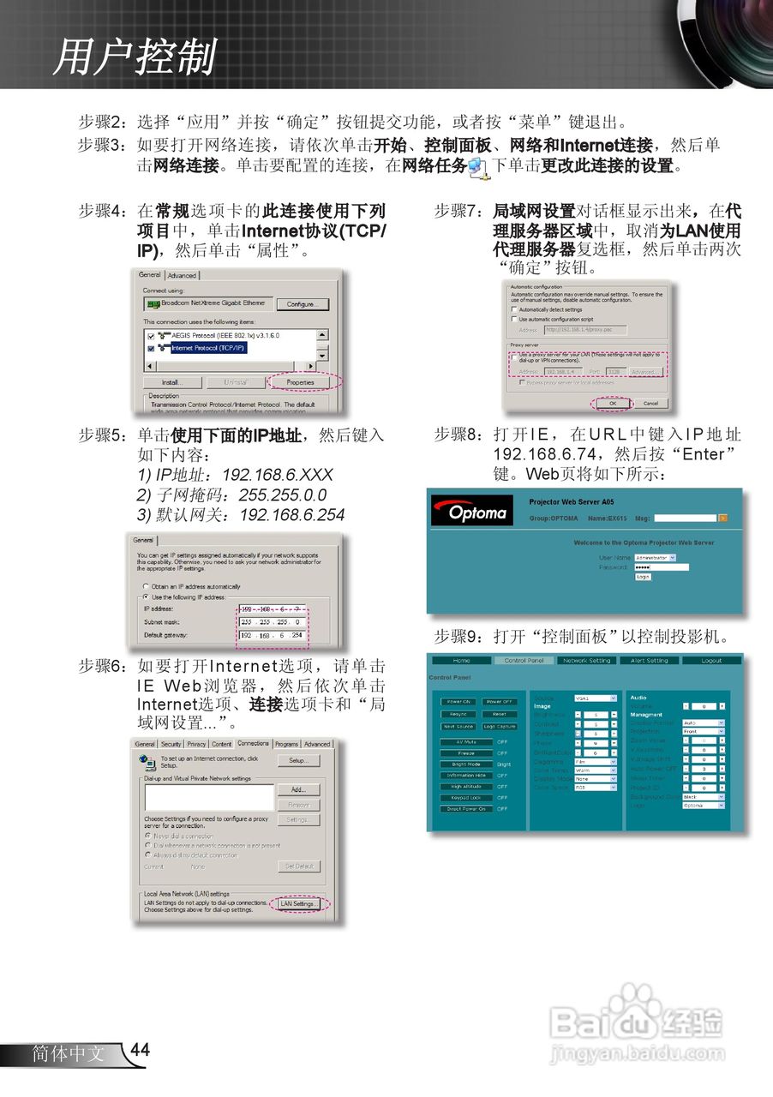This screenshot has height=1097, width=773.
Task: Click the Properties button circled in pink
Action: [301, 382]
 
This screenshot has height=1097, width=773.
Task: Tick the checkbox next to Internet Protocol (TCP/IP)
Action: [152, 349]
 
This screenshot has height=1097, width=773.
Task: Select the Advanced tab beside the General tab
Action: [182, 275]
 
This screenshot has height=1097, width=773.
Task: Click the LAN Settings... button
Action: [299, 903]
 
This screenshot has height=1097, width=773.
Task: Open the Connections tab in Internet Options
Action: [254, 744]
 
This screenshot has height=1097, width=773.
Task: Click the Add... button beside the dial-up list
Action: [298, 789]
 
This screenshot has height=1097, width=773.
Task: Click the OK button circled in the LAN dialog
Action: [613, 403]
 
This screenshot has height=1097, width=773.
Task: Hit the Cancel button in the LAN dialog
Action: [650, 403]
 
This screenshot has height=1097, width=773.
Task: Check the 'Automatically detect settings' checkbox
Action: [515, 309]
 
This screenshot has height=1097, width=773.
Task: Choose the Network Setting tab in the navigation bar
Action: [587, 661]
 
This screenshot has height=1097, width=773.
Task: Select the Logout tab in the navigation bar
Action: [711, 661]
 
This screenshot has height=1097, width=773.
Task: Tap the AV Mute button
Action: [466, 742]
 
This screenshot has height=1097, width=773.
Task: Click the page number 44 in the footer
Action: [141, 1051]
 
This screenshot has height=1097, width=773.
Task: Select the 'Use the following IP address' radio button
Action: [147, 596]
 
